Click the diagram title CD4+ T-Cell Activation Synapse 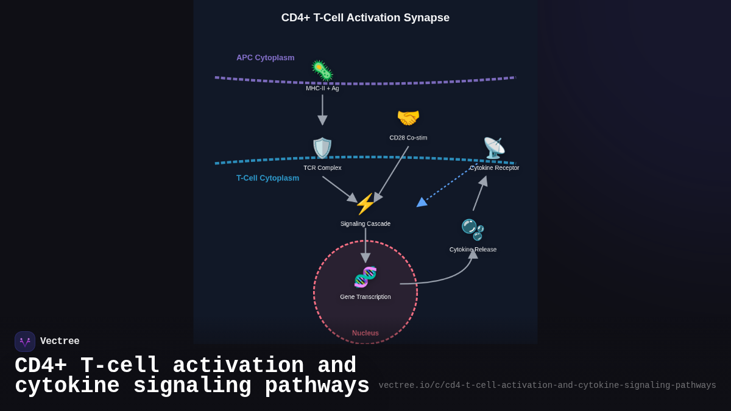click(365, 18)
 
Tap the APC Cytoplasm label click(266, 57)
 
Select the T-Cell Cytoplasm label click(267, 178)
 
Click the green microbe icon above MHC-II click(322, 71)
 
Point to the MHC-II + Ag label click(322, 88)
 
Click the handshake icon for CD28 click(408, 118)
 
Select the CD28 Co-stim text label click(408, 138)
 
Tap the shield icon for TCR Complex click(322, 148)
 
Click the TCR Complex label click(322, 168)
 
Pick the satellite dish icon click(494, 148)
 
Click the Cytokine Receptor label click(495, 168)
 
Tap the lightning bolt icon click(365, 204)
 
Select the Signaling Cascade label click(365, 224)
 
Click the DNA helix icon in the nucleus click(365, 277)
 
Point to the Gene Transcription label click(365, 297)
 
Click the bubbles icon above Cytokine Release click(473, 230)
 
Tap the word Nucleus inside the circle click(365, 333)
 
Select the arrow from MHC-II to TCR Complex click(322, 110)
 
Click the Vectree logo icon click(25, 342)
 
